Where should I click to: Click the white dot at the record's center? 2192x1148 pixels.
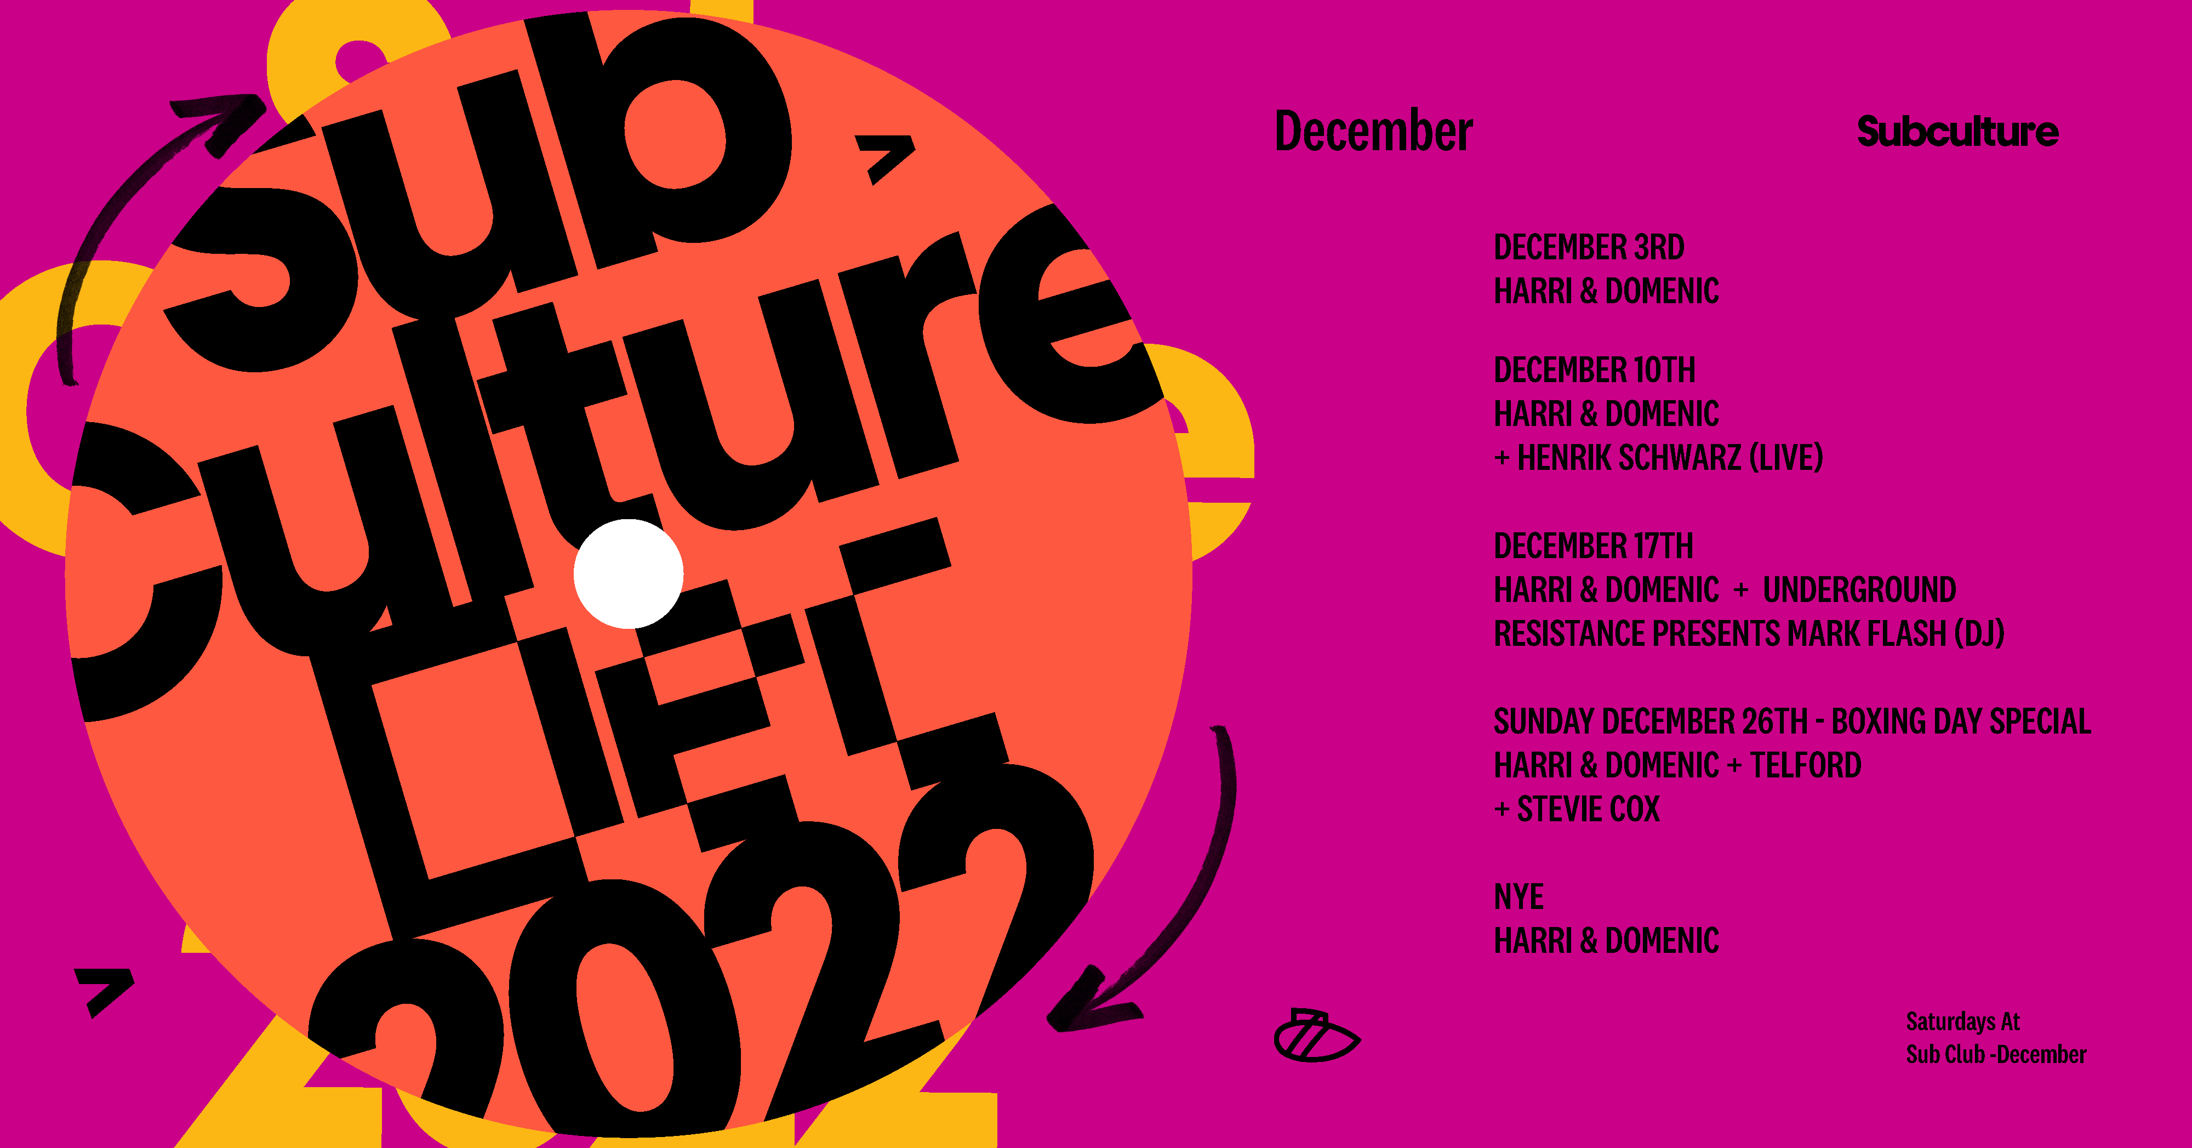tap(628, 573)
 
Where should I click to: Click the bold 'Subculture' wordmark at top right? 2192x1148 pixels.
tap(1957, 131)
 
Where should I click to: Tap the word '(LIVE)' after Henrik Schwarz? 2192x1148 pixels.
tap(1786, 458)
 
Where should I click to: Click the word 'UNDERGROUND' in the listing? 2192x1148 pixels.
tap(1859, 590)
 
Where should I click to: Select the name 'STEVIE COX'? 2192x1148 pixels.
tap(1588, 809)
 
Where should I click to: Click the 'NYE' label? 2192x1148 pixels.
tap(1519, 897)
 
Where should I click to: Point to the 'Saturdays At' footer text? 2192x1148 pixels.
tap(1962, 1021)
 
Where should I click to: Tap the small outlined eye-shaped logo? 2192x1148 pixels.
tap(1316, 1036)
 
